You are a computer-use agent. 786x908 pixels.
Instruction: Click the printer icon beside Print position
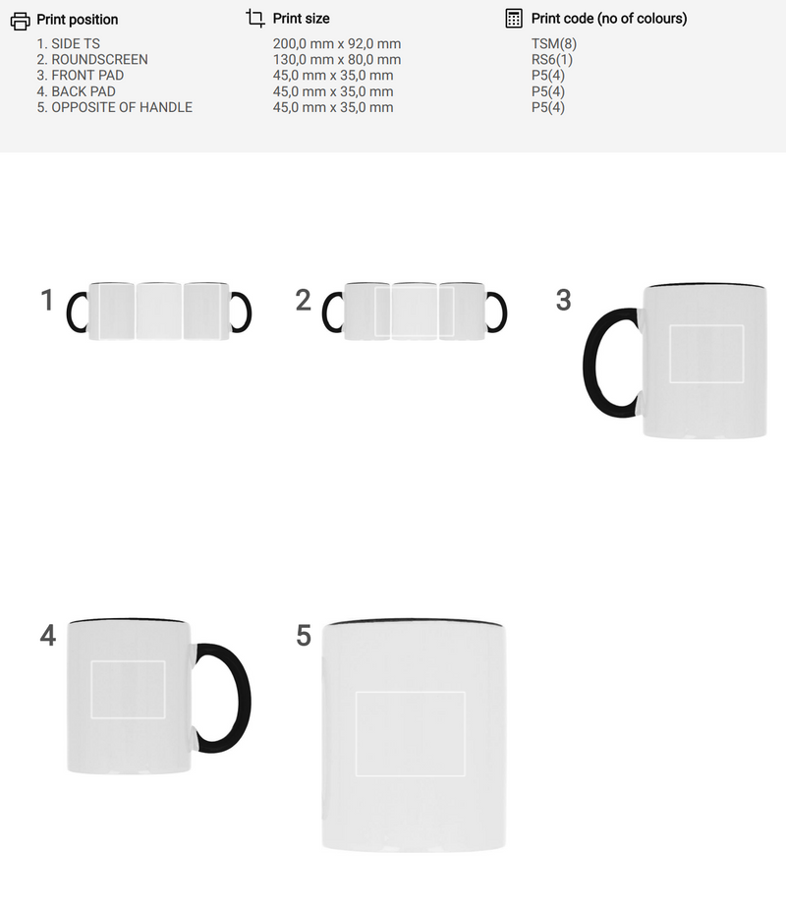click(x=21, y=21)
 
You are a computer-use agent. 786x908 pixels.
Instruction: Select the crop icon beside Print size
click(x=254, y=18)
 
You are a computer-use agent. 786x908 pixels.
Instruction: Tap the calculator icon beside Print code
click(x=514, y=19)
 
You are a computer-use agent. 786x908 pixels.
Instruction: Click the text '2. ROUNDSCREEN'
click(x=92, y=60)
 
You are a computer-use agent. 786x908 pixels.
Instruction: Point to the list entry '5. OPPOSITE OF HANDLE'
click(x=115, y=107)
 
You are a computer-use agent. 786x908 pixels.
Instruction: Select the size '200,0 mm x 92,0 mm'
click(x=337, y=44)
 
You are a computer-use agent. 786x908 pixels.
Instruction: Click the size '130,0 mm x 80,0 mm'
click(x=337, y=60)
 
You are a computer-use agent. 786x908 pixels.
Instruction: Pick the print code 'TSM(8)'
click(x=554, y=44)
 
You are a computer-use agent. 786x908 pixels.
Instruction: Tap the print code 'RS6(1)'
click(x=552, y=60)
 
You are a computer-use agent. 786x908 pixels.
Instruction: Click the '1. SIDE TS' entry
click(x=69, y=44)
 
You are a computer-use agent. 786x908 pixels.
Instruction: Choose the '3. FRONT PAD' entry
click(x=81, y=76)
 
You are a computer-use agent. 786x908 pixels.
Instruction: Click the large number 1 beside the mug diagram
click(x=47, y=300)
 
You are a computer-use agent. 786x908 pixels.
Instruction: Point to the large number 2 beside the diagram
click(x=304, y=300)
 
